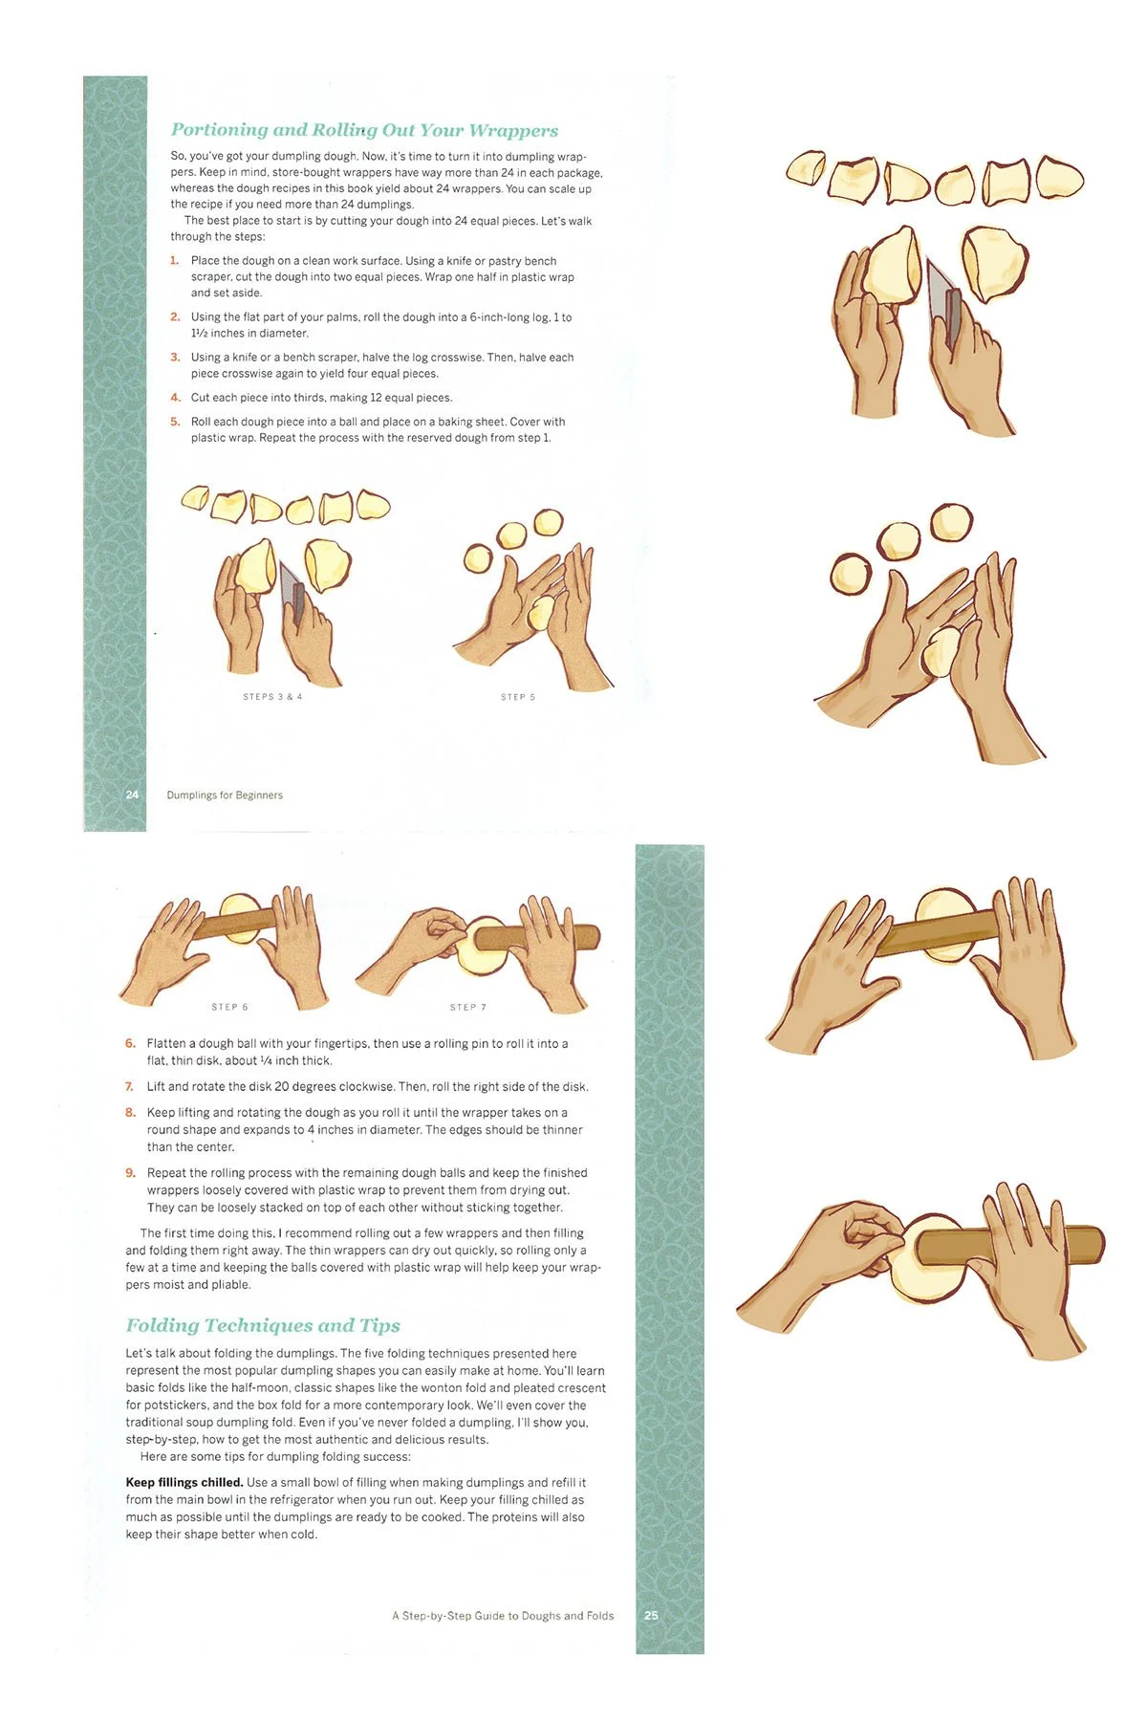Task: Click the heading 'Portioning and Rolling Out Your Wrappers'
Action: [364, 130]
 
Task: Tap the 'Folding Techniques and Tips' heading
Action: [263, 1325]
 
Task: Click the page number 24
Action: [132, 795]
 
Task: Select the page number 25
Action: [651, 1615]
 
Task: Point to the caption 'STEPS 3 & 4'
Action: [272, 697]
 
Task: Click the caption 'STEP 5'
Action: [518, 697]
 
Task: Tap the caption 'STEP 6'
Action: [229, 1007]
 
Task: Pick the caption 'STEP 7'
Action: [468, 1007]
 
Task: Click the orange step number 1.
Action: [175, 260]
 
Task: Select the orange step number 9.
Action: [130, 1173]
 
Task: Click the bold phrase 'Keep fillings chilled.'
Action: [184, 1482]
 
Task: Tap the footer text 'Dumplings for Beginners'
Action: [225, 795]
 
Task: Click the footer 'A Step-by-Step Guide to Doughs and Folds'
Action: [503, 1616]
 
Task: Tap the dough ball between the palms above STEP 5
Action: [541, 613]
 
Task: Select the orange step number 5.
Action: [175, 422]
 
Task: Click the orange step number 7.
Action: [130, 1087]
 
